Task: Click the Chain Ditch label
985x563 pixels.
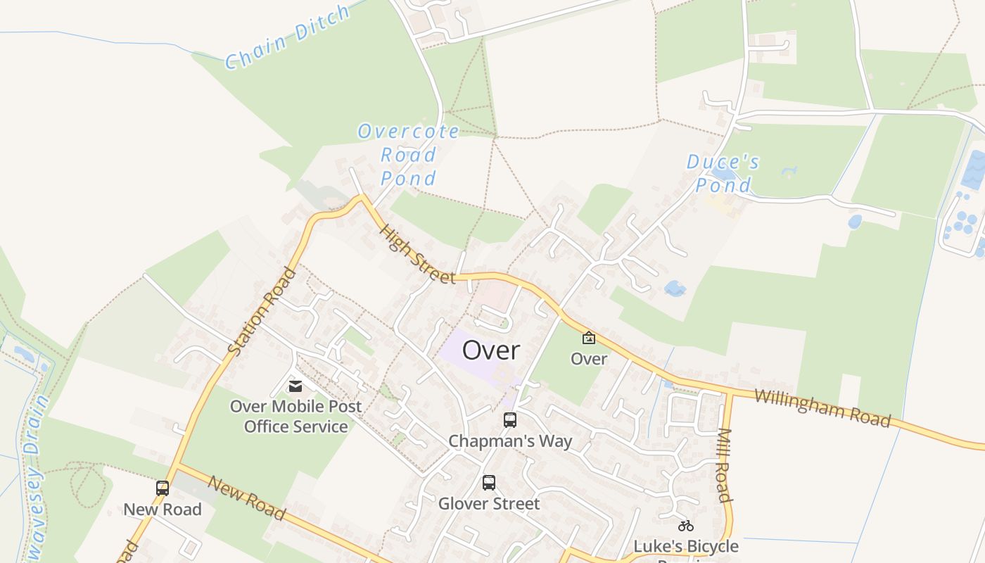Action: [x=287, y=37]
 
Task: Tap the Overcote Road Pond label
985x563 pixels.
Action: [x=409, y=154]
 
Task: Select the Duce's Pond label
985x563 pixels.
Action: [x=723, y=173]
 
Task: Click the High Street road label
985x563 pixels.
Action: [x=417, y=254]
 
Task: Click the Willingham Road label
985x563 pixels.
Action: [x=822, y=407]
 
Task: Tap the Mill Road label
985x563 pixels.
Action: [x=725, y=465]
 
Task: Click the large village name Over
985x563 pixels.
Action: [x=491, y=350]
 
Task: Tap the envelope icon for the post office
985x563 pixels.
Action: [x=295, y=386]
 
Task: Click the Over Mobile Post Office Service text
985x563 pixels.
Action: [x=296, y=417]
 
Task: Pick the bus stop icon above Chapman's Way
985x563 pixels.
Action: [x=510, y=420]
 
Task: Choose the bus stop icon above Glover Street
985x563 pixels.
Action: [x=489, y=483]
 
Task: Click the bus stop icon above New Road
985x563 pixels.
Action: [x=163, y=488]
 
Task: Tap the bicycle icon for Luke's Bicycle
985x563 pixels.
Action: [x=686, y=525]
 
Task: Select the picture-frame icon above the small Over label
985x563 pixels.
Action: [x=589, y=339]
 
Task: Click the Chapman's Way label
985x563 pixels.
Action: [x=510, y=441]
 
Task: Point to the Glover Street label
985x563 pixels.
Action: [x=489, y=504]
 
